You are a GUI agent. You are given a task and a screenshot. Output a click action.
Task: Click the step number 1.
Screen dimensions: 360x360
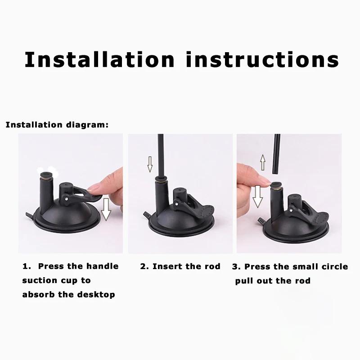(26, 266)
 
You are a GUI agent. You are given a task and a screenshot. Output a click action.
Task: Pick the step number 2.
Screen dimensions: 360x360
(144, 266)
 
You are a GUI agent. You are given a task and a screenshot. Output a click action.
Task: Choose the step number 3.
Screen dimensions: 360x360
(235, 266)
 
